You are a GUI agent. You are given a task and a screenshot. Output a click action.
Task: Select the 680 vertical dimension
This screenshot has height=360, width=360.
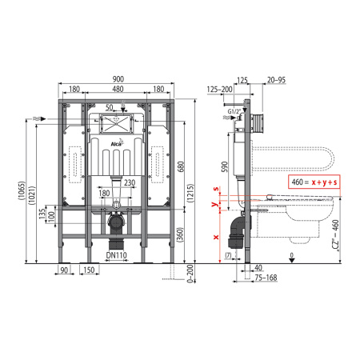[182, 165]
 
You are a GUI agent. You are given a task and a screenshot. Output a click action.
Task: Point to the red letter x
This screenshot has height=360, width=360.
[216, 237]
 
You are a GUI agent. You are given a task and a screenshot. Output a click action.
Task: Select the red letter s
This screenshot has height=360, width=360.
[216, 189]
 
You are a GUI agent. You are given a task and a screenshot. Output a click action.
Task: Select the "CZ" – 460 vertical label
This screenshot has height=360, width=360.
[345, 237]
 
